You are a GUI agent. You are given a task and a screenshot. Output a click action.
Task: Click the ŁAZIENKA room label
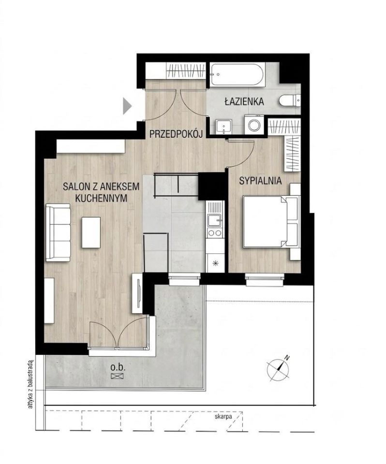tap(244, 101)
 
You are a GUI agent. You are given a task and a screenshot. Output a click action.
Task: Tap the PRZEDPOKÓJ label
tap(176, 134)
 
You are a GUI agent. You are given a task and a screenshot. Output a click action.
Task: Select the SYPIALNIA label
tap(260, 180)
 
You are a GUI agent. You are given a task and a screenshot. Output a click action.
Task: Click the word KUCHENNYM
tap(101, 198)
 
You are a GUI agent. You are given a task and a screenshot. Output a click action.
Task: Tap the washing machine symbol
tap(254, 125)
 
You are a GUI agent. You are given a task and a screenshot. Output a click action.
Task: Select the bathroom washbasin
tap(223, 127)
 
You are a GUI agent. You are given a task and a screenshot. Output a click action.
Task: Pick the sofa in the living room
tap(59, 232)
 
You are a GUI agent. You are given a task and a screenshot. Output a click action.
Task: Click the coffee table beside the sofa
tap(91, 232)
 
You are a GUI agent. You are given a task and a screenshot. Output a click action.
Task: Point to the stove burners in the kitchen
tap(215, 232)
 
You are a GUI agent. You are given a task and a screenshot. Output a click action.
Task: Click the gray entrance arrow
tap(127, 106)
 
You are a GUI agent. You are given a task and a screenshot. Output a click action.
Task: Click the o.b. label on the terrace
tap(118, 367)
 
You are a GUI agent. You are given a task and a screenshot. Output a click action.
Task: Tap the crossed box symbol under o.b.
tap(118, 376)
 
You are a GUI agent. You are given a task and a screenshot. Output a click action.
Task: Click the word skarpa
tap(223, 417)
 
